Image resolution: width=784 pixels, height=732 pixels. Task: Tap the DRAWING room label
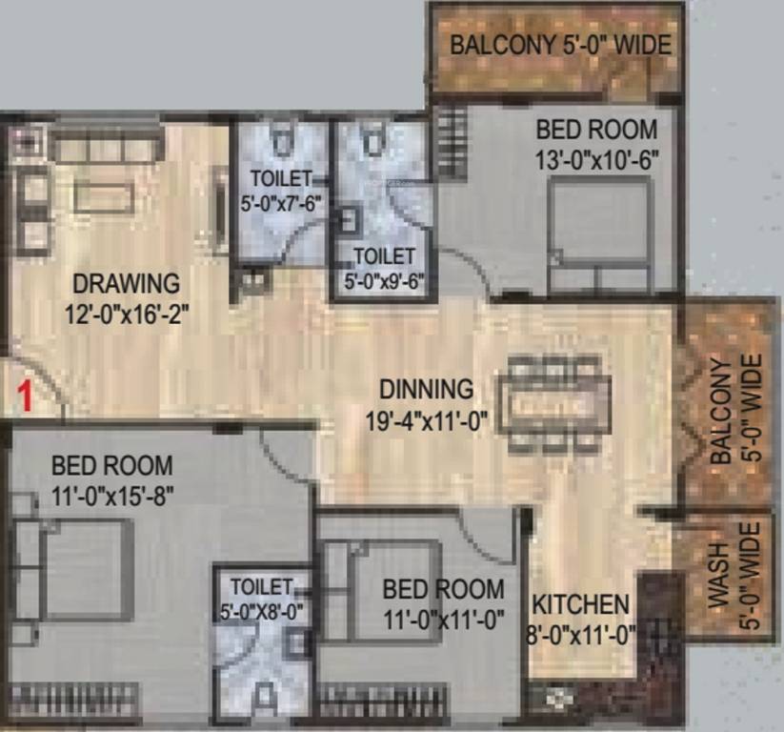[126, 283]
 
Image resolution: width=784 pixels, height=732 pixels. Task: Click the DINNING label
[426, 389]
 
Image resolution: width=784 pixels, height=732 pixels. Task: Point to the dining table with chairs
[557, 401]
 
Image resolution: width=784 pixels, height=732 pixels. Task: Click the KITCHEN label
[580, 604]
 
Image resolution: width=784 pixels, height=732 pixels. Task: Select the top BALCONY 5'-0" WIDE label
[560, 45]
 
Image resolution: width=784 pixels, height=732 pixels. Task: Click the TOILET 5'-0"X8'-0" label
[261, 600]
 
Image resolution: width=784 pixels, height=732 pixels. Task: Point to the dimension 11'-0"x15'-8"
[111, 496]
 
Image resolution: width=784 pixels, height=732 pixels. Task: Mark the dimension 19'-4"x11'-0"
[427, 420]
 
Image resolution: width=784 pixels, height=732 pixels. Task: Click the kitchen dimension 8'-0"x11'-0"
[581, 634]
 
